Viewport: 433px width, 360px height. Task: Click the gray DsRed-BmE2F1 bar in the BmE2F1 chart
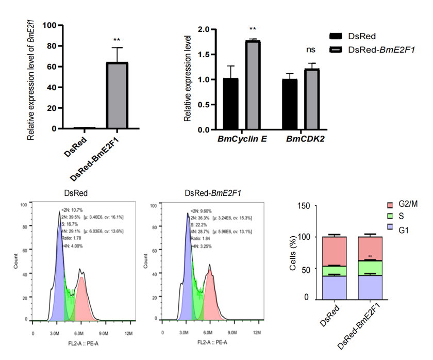point(117,95)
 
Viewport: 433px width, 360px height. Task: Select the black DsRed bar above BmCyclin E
point(231,106)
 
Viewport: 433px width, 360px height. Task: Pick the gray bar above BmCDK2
point(312,101)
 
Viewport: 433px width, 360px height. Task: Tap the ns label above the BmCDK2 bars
point(311,50)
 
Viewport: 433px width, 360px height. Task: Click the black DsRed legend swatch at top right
point(336,36)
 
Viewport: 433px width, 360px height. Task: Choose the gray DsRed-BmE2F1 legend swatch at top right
point(336,50)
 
